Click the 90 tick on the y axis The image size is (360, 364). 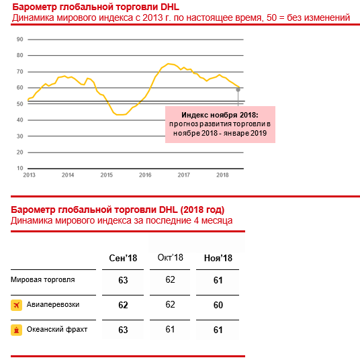click(x=20, y=39)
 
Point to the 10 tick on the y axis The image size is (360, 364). click(x=20, y=168)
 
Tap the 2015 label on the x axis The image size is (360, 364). click(x=107, y=175)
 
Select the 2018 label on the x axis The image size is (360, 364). click(x=222, y=175)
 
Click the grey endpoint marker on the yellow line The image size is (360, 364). click(x=238, y=89)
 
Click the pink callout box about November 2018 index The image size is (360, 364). click(x=220, y=124)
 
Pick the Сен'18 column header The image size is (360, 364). click(x=123, y=258)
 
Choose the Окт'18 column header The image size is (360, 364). click(x=171, y=257)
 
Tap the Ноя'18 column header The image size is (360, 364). click(x=218, y=258)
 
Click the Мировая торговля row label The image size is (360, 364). click(x=43, y=279)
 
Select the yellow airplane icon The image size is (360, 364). click(x=17, y=305)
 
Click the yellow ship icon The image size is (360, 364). click(x=17, y=330)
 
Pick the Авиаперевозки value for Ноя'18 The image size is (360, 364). click(x=218, y=305)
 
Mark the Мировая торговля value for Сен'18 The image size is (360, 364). click(x=123, y=280)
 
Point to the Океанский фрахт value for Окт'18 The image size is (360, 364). click(x=170, y=329)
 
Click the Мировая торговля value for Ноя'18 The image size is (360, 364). click(x=218, y=280)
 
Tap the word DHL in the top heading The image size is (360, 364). click(x=170, y=7)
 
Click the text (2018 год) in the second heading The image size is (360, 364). click(x=202, y=210)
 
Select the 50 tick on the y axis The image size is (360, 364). click(x=20, y=104)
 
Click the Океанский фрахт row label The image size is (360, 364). click(x=57, y=329)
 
